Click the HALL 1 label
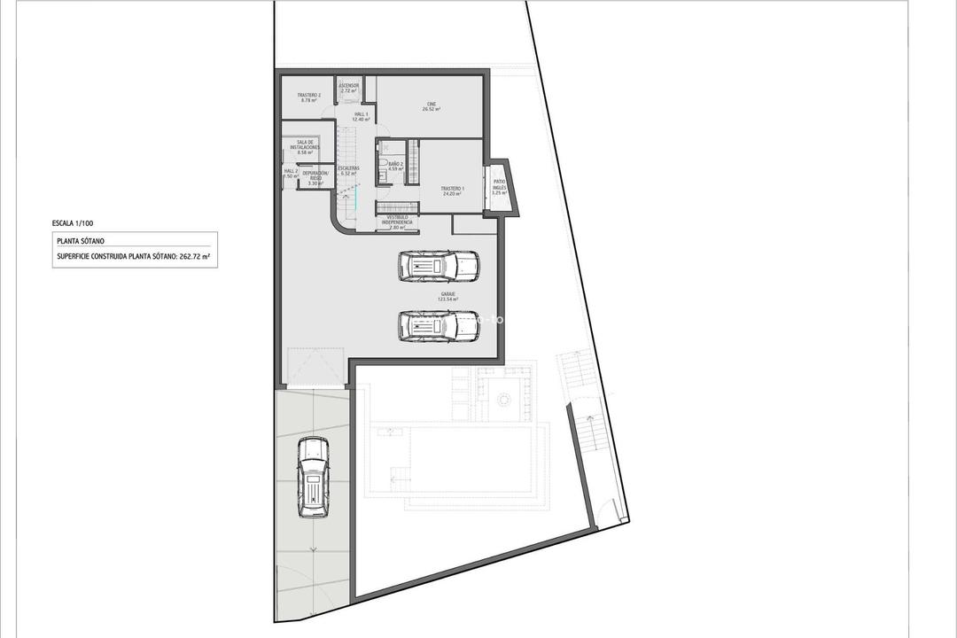point(361,116)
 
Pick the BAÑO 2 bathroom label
point(395,166)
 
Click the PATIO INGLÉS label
point(500,186)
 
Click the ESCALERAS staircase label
point(348,170)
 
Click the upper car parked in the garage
point(439,266)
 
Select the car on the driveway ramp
point(312,477)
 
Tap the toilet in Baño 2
point(383,165)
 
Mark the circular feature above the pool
point(505,400)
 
